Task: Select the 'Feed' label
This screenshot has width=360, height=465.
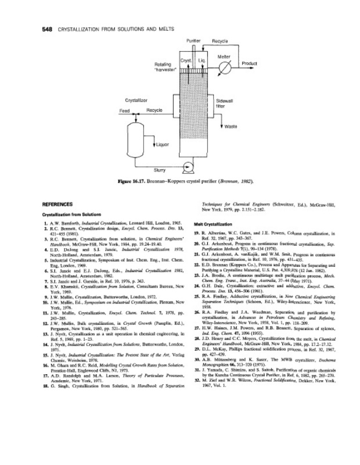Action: coord(124,110)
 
